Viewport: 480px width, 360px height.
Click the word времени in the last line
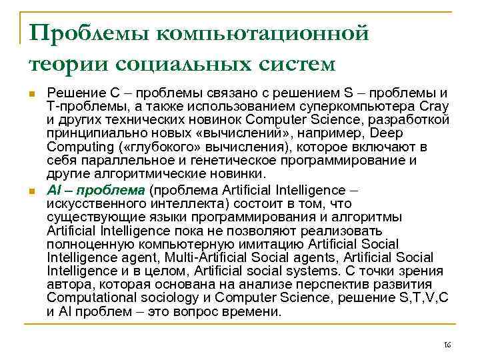click(257, 311)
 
